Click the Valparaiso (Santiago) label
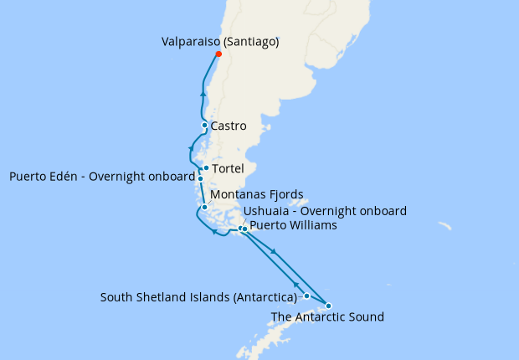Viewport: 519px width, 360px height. pos(220,40)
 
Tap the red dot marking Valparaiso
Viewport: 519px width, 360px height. pos(218,54)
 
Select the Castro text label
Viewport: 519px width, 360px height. pos(229,126)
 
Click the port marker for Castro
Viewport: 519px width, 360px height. pos(205,126)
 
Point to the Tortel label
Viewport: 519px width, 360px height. pos(229,168)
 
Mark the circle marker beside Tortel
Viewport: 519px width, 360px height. pos(207,168)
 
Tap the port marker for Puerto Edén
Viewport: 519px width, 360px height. pos(201,178)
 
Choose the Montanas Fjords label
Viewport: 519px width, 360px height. pos(256,195)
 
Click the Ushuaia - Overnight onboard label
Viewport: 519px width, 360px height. pos(325,211)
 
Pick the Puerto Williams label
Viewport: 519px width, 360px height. pos(294,225)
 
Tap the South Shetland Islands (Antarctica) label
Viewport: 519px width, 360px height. pos(199,297)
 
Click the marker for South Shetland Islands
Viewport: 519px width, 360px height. pos(307,296)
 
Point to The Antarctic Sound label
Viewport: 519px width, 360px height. pos(327,317)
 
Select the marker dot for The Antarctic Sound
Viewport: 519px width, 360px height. pos(328,306)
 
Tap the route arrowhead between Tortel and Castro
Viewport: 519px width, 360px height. pos(192,148)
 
